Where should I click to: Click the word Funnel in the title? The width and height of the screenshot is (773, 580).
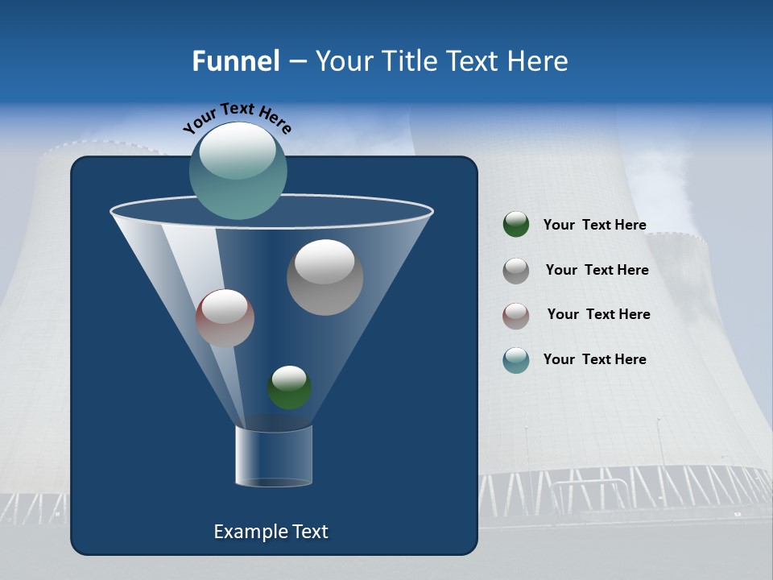pyautogui.click(x=236, y=61)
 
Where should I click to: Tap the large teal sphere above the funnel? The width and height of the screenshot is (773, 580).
pyautogui.click(x=238, y=171)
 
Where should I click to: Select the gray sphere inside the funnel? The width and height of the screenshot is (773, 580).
pyautogui.click(x=324, y=277)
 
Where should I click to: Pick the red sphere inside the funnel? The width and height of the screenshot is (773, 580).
pyautogui.click(x=225, y=318)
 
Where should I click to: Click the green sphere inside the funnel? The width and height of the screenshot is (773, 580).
pyautogui.click(x=289, y=387)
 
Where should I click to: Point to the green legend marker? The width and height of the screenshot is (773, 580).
pyautogui.click(x=516, y=225)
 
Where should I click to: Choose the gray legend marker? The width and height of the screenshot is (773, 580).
pyautogui.click(x=516, y=271)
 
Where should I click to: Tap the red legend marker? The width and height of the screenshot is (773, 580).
pyautogui.click(x=516, y=315)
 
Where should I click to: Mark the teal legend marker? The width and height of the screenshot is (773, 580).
pyautogui.click(x=516, y=360)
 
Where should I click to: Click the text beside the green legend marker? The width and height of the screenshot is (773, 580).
pyautogui.click(x=594, y=225)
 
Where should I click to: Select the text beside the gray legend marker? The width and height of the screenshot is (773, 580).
pyautogui.click(x=597, y=270)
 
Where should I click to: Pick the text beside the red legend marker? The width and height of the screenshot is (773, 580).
pyautogui.click(x=598, y=314)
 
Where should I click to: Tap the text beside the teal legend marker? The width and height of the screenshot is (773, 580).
pyautogui.click(x=594, y=359)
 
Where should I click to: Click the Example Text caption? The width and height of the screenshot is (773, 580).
pyautogui.click(x=271, y=532)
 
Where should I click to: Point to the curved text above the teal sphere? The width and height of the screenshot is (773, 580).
pyautogui.click(x=237, y=118)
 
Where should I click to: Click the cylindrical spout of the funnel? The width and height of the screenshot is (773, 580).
pyautogui.click(x=274, y=455)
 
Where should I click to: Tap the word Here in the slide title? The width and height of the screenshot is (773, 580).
pyautogui.click(x=539, y=61)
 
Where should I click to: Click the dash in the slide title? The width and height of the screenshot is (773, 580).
pyautogui.click(x=297, y=61)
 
